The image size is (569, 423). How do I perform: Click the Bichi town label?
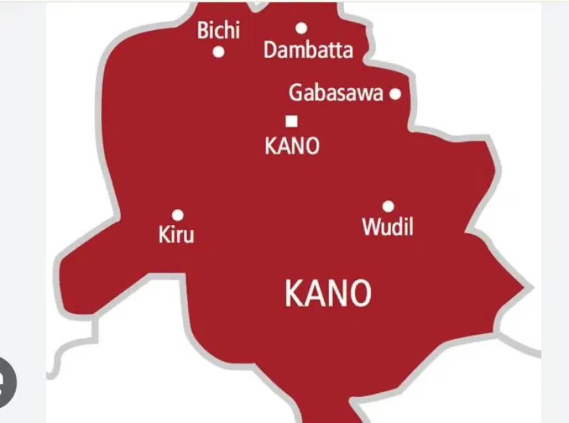pyautogui.click(x=218, y=31)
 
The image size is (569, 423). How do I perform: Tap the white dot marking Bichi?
pyautogui.click(x=219, y=52)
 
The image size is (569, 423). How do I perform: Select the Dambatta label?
pyautogui.click(x=308, y=50)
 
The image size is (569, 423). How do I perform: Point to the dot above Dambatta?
pyautogui.click(x=302, y=28)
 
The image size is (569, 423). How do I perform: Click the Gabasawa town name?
pyautogui.click(x=336, y=93)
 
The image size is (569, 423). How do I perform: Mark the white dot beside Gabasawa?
pyautogui.click(x=395, y=94)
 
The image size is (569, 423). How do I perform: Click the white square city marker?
pyautogui.click(x=292, y=121)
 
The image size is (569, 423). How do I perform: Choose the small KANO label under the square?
pyautogui.click(x=292, y=146)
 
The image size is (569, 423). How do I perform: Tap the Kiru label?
pyautogui.click(x=177, y=235)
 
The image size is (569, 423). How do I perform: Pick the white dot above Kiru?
pyautogui.click(x=177, y=214)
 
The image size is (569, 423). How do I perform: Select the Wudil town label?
pyautogui.click(x=387, y=228)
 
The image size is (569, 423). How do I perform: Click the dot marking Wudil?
pyautogui.click(x=388, y=207)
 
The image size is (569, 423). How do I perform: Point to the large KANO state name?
pyautogui.click(x=328, y=294)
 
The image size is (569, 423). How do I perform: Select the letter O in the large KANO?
pyautogui.click(x=359, y=294)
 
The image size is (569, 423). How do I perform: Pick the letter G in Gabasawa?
pyautogui.click(x=296, y=93)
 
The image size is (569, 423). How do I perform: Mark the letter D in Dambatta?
pyautogui.click(x=270, y=50)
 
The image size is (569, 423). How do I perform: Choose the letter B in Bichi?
pyautogui.click(x=203, y=31)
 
